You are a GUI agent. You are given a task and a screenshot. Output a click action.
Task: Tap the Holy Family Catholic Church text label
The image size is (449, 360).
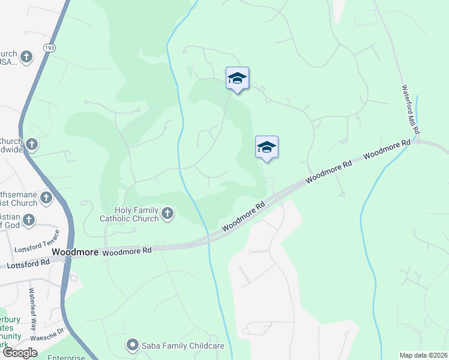coord(137,214)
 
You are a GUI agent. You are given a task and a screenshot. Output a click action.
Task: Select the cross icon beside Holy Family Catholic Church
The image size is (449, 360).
coord(167,212)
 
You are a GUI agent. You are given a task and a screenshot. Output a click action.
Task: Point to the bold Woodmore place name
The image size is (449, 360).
coord(75,253)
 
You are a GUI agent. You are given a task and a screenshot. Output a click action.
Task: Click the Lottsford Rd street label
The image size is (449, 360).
coord(28,263)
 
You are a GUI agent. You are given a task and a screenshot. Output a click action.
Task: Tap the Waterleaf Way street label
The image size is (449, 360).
coord(33,304)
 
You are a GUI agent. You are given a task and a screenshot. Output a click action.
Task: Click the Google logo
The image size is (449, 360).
coord(20,353)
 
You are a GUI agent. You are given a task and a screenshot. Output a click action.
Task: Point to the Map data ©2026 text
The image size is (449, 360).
coord(424,355)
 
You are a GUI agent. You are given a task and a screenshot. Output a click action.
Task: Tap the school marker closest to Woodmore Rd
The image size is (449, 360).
coord(267,147)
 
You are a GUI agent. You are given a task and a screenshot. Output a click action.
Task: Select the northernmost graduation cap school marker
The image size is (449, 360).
coord(237,78)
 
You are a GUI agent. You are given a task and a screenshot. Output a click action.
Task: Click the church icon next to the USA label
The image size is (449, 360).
coord(26,57)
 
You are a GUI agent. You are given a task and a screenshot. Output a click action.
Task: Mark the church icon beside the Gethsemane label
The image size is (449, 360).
coord(46,197)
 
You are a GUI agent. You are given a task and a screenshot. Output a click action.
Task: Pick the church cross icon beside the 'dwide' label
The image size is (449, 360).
coord(31,144)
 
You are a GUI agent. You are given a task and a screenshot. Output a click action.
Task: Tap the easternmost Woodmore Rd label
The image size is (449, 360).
coord(386,149)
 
